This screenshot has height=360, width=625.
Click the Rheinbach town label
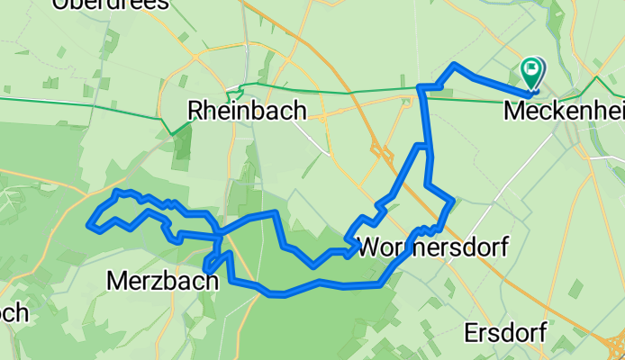point(247,111)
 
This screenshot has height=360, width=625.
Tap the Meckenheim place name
point(564,112)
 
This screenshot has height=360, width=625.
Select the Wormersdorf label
point(432,246)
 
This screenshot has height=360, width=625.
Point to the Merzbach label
point(162,281)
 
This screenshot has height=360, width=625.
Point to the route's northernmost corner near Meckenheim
point(455,65)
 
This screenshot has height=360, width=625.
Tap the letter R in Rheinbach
point(195,111)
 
